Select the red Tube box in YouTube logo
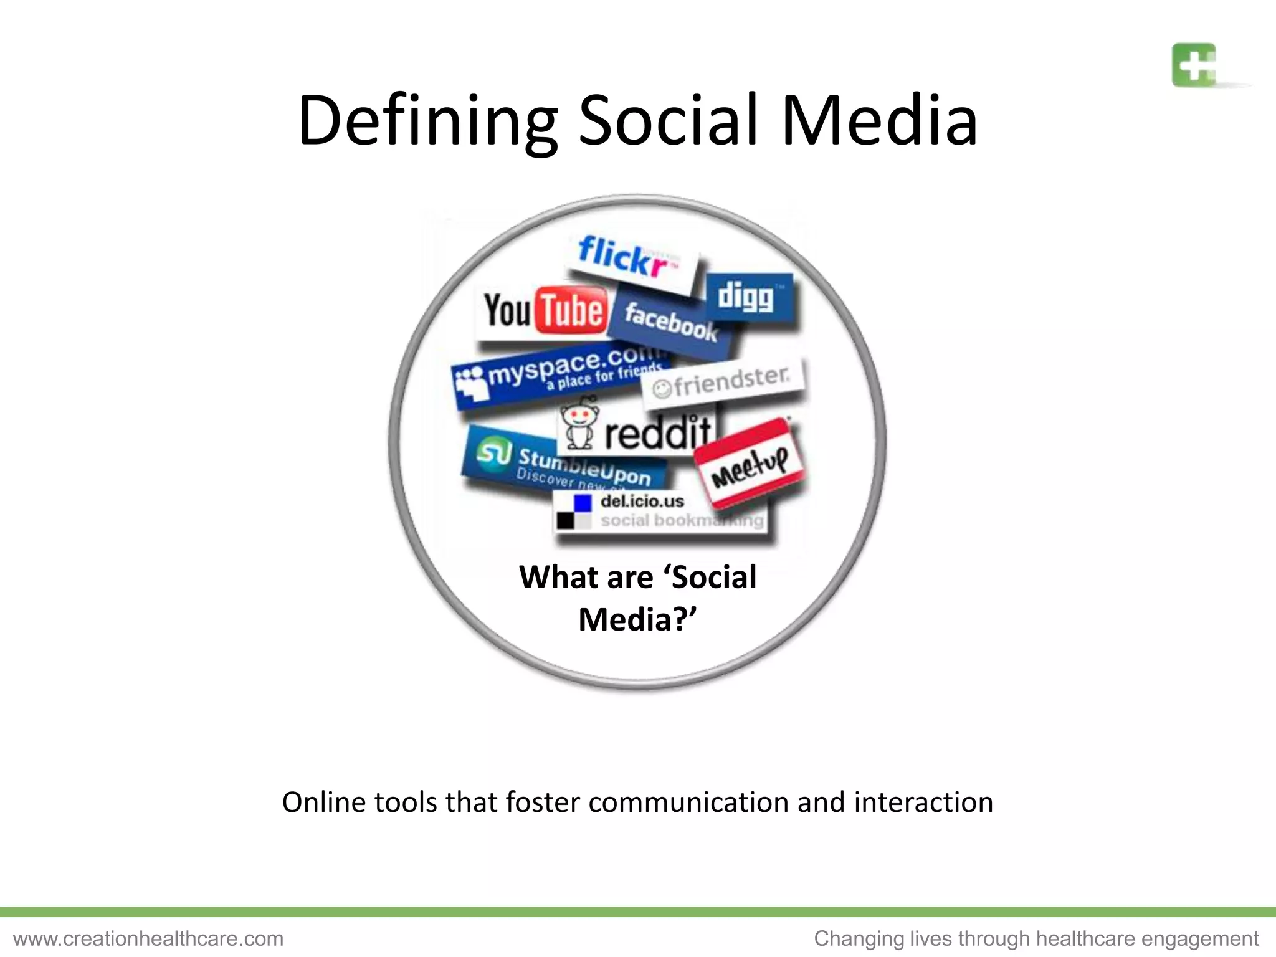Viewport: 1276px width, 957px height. tap(571, 310)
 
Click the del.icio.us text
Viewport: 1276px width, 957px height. tap(642, 502)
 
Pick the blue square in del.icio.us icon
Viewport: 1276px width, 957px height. tap(583, 503)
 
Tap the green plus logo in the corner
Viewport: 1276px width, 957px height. tap(1194, 65)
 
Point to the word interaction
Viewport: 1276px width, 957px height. tap(923, 802)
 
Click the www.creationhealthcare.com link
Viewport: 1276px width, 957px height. tap(148, 938)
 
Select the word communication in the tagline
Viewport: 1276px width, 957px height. tap(688, 802)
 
